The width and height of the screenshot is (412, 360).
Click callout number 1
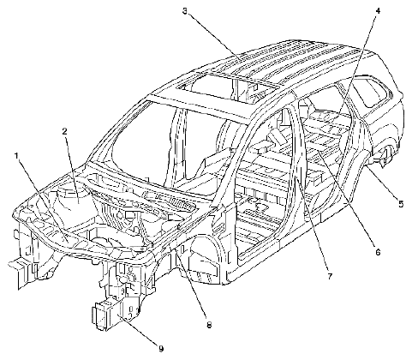click(17, 156)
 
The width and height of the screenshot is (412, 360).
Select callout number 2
click(65, 131)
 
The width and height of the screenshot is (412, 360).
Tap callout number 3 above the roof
click(185, 12)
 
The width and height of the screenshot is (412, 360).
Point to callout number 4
click(378, 11)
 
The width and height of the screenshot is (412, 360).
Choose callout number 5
click(401, 204)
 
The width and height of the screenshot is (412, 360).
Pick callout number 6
click(378, 252)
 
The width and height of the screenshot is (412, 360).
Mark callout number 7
click(330, 276)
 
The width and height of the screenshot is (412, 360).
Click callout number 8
click(209, 325)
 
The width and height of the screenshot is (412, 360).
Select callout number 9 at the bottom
click(161, 349)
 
